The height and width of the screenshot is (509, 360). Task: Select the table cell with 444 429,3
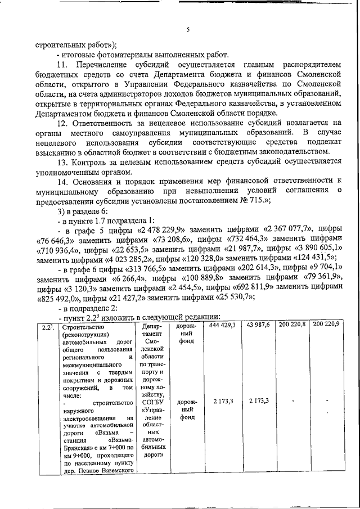click(x=222, y=326)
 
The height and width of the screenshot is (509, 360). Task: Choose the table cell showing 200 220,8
click(x=292, y=326)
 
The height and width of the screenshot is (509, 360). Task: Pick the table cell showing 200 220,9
click(x=327, y=326)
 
